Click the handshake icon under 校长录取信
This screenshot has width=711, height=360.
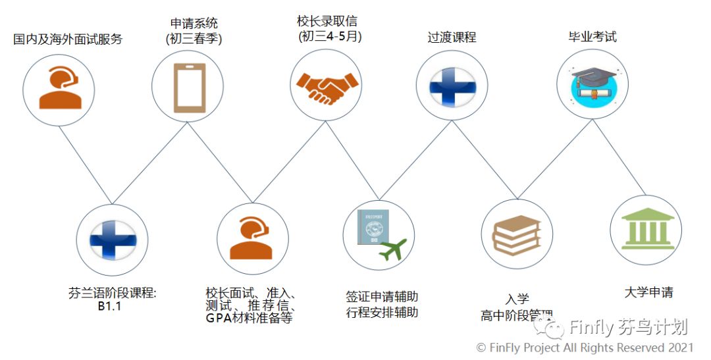pos(327,87)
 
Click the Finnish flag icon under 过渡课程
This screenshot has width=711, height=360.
pos(451,86)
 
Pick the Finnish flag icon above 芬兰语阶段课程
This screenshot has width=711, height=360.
pos(112,238)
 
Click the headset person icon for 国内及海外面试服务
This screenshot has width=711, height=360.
pos(59,88)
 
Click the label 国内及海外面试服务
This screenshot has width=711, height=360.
pos(68,39)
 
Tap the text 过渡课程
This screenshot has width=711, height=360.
pos(451,38)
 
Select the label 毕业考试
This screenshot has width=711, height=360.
pos(592,37)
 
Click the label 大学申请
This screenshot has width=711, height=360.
pos(648,292)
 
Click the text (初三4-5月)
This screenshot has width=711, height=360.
pos(329,37)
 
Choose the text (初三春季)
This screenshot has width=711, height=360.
pos(194,39)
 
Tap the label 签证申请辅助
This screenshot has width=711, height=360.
pos(382,296)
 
